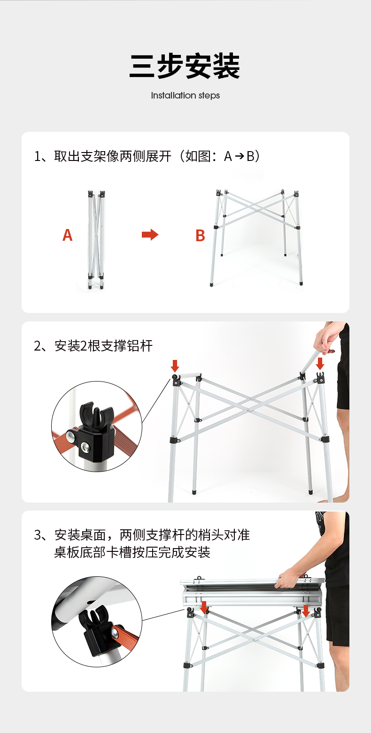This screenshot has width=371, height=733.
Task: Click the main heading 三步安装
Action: pos(185,66)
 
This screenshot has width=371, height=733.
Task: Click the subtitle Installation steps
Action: pos(185,95)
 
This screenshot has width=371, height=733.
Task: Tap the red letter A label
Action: pos(68,235)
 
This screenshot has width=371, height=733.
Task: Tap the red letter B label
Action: pos(200,235)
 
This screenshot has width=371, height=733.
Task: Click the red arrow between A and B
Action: pos(150,235)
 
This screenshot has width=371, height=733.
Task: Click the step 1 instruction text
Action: pos(147,156)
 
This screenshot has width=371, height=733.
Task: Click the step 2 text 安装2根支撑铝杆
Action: pos(93,346)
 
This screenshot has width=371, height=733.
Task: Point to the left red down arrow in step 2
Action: pos(175,366)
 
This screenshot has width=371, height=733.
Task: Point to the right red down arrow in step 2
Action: pos(320,364)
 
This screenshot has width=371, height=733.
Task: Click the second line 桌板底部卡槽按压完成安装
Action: pos(132,552)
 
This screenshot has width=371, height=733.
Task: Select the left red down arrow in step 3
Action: pos(204,607)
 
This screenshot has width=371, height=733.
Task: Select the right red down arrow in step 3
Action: pos(306,611)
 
